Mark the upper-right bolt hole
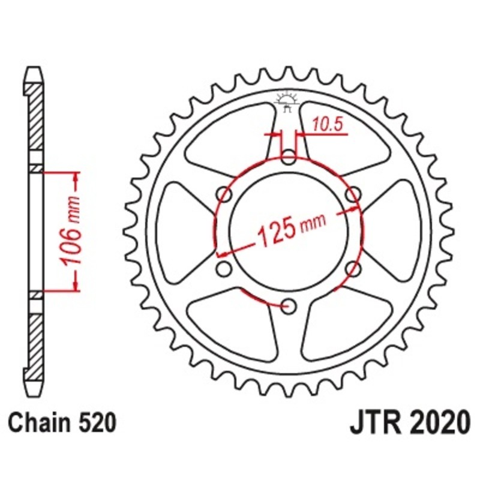354,194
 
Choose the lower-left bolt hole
225,269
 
